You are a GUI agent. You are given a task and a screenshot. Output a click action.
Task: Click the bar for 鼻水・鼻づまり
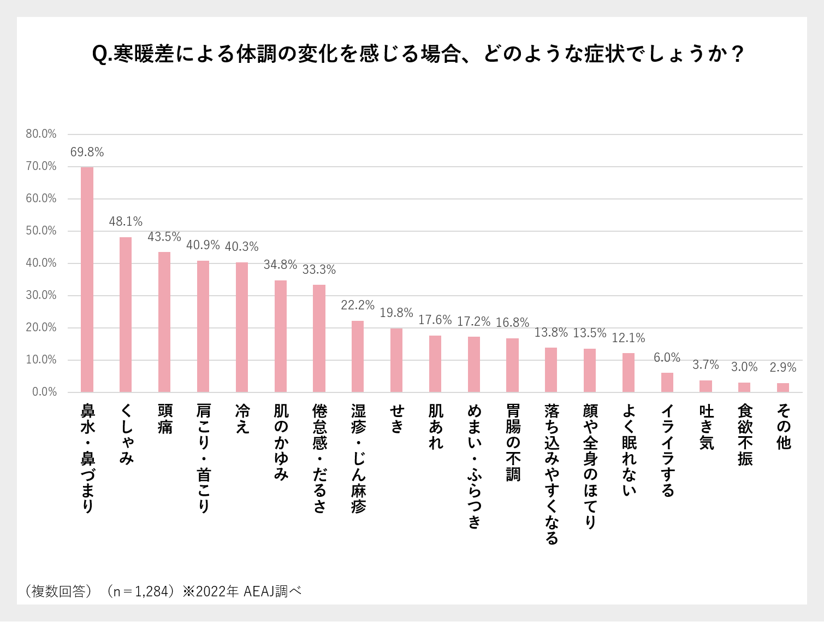point(87,279)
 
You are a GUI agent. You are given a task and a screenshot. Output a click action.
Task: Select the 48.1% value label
point(126,221)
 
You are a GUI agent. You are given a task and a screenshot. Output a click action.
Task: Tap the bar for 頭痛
point(164,322)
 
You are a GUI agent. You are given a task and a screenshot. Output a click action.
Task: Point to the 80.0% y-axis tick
point(41,134)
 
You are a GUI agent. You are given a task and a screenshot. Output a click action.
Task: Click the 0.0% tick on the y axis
point(44,392)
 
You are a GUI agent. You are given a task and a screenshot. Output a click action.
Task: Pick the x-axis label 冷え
point(242,419)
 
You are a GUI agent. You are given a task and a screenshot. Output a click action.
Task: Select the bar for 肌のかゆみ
point(281,336)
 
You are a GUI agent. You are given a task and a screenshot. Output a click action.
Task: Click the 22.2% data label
point(358,305)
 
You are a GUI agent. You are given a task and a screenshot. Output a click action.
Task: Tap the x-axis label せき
point(397,419)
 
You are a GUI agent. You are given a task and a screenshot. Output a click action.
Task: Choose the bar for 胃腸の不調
point(512,365)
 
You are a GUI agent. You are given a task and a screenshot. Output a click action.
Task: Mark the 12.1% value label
point(629,338)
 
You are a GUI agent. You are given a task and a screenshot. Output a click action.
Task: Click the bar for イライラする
point(667,383)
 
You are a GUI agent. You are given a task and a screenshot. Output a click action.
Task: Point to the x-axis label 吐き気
point(706,427)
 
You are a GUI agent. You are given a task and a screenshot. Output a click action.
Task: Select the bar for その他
point(783,388)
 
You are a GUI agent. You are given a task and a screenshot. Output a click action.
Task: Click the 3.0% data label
point(744,367)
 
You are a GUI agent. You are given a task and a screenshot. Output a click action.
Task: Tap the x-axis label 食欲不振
point(745,435)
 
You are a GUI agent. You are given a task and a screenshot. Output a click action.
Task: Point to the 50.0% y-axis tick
point(41,231)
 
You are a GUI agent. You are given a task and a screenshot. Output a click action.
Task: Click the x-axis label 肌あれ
point(436,427)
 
